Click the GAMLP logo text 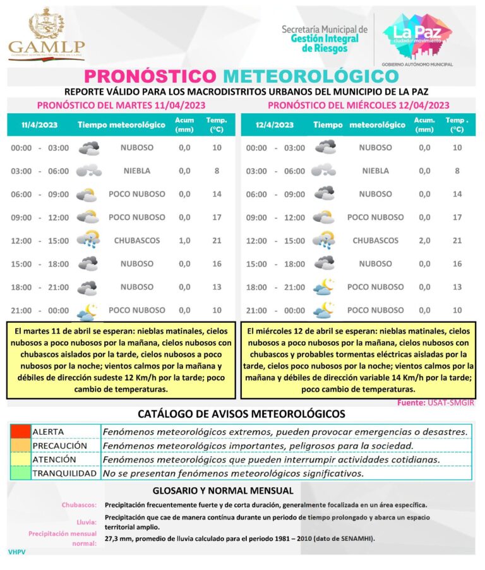tap(47, 47)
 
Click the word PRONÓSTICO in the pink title tap(150, 76)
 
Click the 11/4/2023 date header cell tap(39, 124)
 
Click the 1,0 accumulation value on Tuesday tap(184, 241)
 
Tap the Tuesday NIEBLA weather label tap(136, 171)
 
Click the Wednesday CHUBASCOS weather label tap(375, 241)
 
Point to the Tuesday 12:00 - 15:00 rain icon tap(88, 240)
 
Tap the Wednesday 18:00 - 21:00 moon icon tap(324, 287)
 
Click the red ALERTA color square tap(20, 432)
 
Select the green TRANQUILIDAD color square tap(20, 473)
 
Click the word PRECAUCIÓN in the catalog tap(59, 446)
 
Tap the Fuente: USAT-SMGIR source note tap(436, 403)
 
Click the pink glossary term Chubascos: tap(79, 505)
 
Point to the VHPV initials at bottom tap(16, 552)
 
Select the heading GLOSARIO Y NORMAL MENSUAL tap(223, 490)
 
